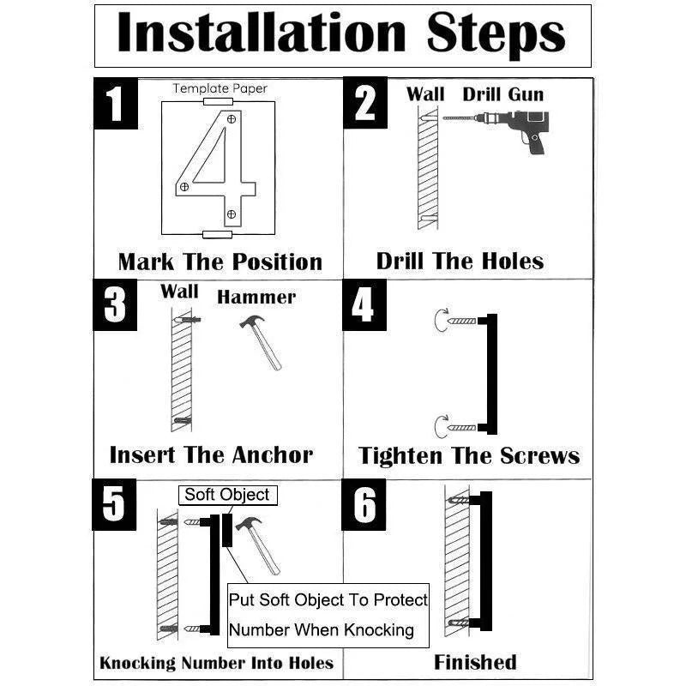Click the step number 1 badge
coord(116,103)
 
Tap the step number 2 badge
coord(365,103)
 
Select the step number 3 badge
coord(115,305)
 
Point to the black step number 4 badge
coord(364,305)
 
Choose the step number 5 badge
coord(114,504)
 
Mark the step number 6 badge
coord(364,504)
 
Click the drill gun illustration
coord(496,131)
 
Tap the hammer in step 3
coord(261,342)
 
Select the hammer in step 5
coord(258,545)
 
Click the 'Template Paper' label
coord(220,88)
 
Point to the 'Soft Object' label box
coord(228,496)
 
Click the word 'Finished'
coord(475,662)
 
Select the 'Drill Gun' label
coord(503,94)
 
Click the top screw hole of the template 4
coord(232,119)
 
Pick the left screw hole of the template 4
coord(184,187)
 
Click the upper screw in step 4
coord(461,321)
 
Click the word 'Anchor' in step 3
coord(272,455)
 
